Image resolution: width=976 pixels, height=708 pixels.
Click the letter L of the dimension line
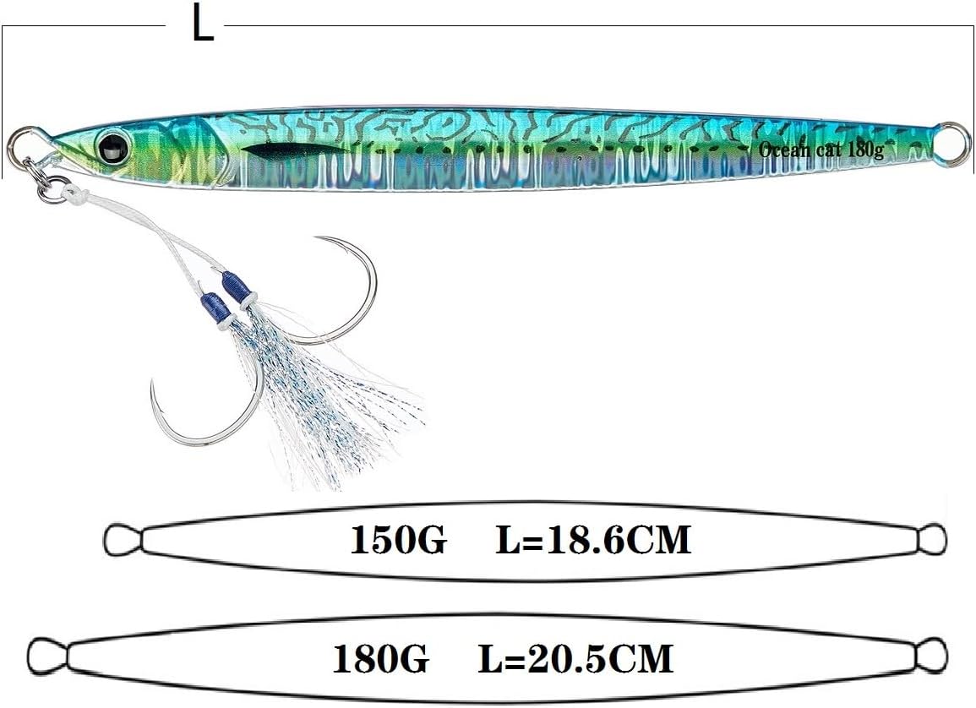pyautogui.click(x=202, y=25)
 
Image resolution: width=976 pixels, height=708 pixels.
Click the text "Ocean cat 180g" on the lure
pyautogui.click(x=821, y=150)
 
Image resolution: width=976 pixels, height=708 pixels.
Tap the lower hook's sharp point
pyautogui.click(x=154, y=385)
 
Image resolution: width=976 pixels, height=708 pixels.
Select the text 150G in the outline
pyautogui.click(x=397, y=540)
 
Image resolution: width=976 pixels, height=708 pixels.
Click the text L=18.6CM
pyautogui.click(x=592, y=540)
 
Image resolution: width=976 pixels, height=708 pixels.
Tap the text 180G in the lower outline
pyautogui.click(x=380, y=658)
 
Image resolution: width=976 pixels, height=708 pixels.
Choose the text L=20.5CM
pyautogui.click(x=575, y=658)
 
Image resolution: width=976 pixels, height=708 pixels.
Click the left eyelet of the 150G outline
pyautogui.click(x=121, y=538)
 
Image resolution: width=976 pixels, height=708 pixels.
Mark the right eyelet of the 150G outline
pyautogui.click(x=932, y=537)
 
